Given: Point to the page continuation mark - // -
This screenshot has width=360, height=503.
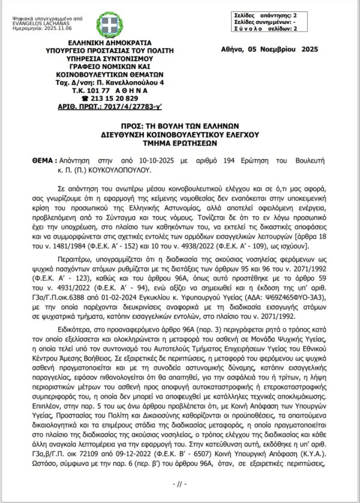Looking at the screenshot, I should [180, 483].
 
